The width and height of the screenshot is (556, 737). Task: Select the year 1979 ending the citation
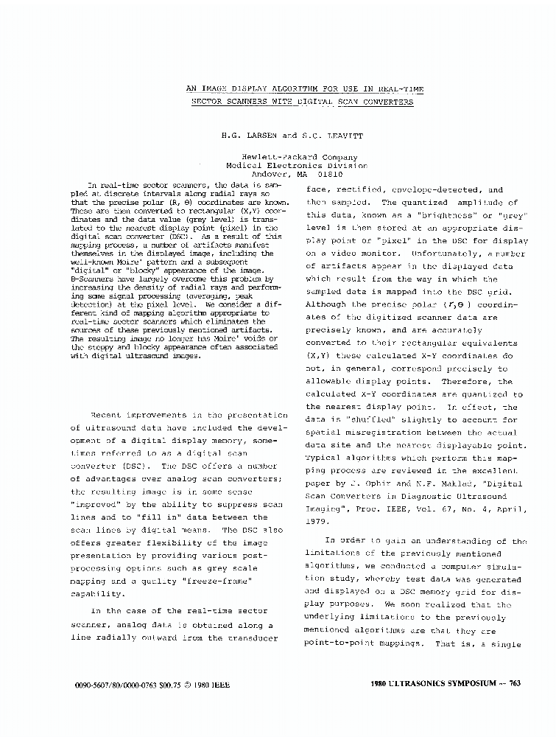[318, 521]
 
